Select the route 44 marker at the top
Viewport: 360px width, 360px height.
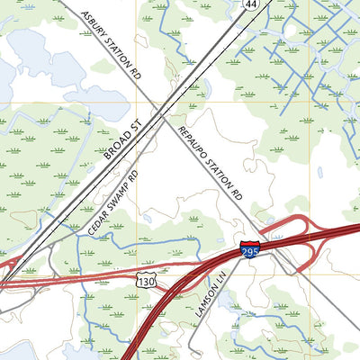[249, 5]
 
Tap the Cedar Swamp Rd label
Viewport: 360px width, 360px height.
[113, 202]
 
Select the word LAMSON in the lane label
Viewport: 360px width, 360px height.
[203, 301]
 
